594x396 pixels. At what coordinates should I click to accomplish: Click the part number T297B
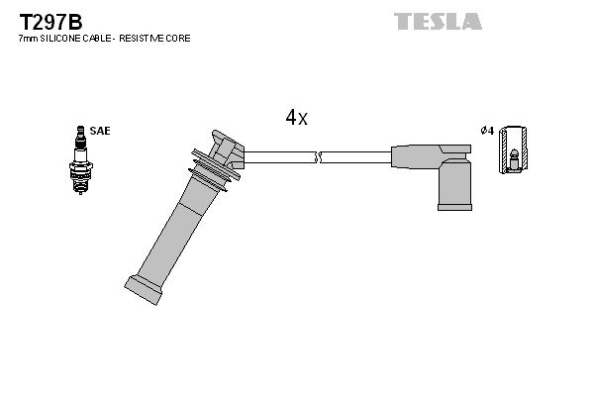click(x=46, y=20)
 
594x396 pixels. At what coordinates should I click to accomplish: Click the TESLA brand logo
click(x=438, y=21)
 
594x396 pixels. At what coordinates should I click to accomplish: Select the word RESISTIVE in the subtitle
click(x=146, y=38)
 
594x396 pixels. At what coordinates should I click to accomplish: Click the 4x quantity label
click(x=296, y=117)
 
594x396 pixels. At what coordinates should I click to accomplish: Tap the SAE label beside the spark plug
click(x=100, y=131)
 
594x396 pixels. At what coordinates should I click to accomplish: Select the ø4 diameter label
click(x=486, y=131)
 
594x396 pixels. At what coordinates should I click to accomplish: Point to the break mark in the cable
click(x=319, y=156)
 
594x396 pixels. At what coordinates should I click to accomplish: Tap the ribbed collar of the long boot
click(x=214, y=167)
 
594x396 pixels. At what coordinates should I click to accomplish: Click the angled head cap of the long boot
click(x=227, y=148)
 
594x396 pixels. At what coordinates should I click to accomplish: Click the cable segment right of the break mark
click(x=356, y=156)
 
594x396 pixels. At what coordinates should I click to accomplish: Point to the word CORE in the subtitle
click(x=179, y=38)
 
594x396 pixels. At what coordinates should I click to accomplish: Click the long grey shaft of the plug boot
click(x=178, y=228)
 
